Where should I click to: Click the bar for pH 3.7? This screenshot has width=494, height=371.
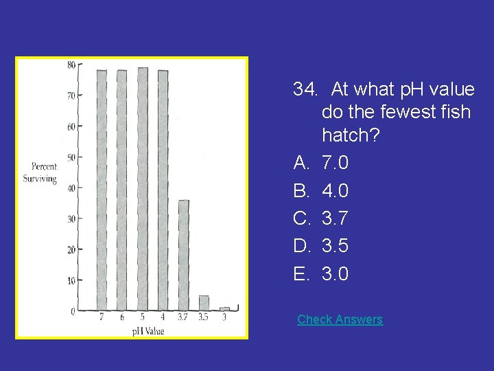click(x=183, y=255)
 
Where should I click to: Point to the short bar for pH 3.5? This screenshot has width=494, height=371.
click(x=204, y=303)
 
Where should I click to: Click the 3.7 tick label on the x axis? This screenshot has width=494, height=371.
click(x=183, y=317)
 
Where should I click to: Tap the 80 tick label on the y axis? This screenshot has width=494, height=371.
click(x=71, y=65)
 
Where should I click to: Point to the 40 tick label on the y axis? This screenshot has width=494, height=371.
click(x=71, y=188)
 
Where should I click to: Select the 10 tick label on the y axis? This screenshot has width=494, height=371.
click(x=71, y=280)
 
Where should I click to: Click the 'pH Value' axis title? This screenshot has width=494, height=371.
click(x=149, y=331)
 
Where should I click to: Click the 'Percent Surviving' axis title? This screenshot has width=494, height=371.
click(x=44, y=172)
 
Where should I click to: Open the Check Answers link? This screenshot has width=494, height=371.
click(x=340, y=319)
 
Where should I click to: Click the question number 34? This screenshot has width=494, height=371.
click(x=305, y=89)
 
